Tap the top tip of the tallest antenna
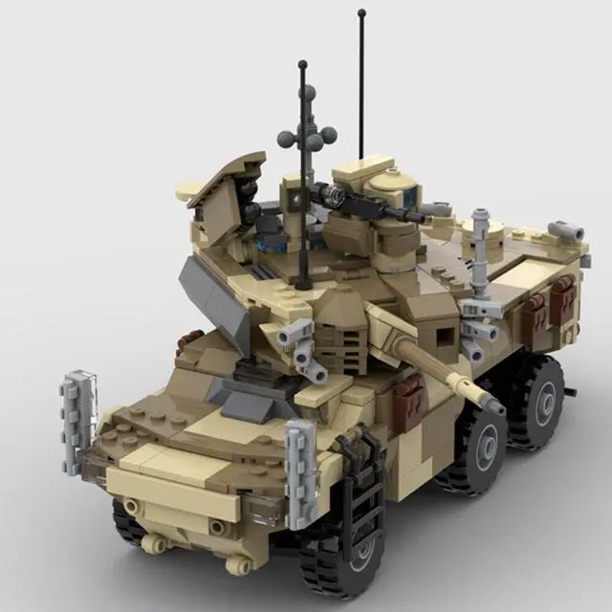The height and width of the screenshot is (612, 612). [361, 13]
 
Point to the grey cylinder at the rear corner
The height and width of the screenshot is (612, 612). [566, 231]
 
